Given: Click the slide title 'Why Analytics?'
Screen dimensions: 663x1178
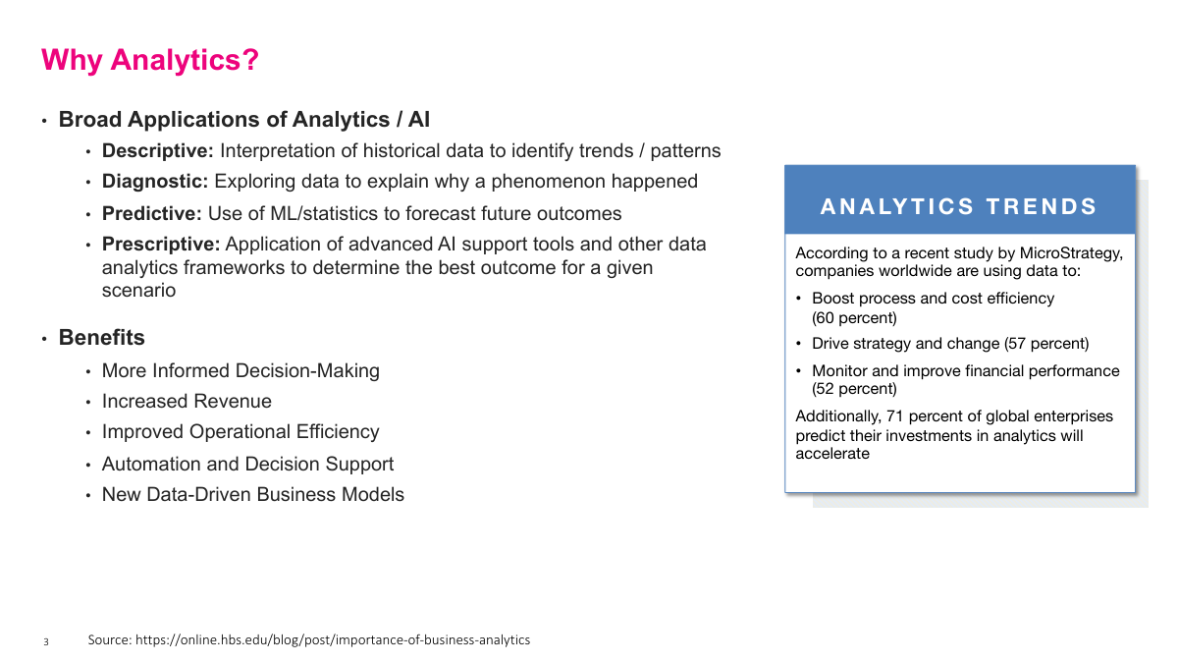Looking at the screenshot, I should coord(150,60).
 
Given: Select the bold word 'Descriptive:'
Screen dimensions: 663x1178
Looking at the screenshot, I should coord(157,151).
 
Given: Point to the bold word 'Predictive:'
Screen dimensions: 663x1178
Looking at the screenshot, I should coord(152,213).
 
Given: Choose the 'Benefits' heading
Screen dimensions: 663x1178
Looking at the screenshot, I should coord(101,338).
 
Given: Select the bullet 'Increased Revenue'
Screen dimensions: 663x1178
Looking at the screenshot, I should coord(187,401).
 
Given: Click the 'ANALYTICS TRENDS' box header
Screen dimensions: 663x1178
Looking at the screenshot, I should coord(959,206).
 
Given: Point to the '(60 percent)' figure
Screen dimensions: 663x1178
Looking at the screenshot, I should coord(854,318).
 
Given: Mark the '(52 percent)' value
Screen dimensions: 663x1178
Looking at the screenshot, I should coord(854,389).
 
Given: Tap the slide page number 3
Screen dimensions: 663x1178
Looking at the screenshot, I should coord(45,642).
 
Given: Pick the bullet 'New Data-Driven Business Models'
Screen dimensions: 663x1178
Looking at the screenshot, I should coord(252,495).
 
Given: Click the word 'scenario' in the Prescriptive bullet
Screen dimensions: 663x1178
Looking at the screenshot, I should coord(138,291).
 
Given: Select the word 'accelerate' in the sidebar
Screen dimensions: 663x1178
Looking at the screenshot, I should coord(832,454).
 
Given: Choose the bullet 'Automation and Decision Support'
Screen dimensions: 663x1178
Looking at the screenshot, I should coord(247,464).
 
